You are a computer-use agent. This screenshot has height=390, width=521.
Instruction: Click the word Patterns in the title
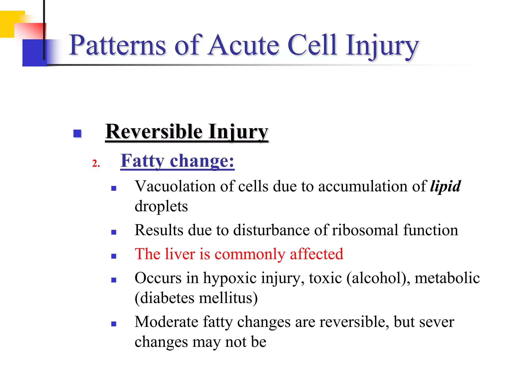click(117, 46)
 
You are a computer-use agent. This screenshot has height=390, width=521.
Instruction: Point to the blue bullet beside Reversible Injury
click(77, 133)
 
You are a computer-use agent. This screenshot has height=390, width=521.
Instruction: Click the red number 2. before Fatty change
click(96, 163)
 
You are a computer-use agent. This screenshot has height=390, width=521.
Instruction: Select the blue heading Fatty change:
click(177, 161)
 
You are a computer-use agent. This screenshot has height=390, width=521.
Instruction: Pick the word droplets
click(161, 206)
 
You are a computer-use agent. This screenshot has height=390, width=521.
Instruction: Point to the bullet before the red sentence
click(114, 256)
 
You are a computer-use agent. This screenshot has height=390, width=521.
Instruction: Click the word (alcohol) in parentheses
click(378, 278)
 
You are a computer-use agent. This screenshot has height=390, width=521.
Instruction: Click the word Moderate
click(166, 322)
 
